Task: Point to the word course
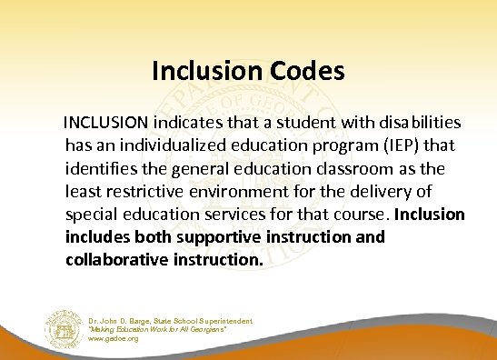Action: click(x=360, y=215)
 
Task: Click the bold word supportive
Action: click(x=210, y=238)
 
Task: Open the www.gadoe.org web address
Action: click(x=114, y=338)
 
